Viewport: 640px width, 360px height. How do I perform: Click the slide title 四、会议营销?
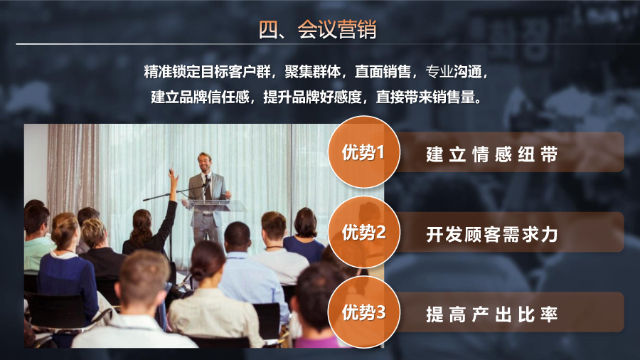[x=318, y=29]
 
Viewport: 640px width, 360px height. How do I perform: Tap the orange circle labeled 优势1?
[x=363, y=152]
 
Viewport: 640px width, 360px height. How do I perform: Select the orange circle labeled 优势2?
[x=363, y=232]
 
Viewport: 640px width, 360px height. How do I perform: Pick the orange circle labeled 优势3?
[x=363, y=312]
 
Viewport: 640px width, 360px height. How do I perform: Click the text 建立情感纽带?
[x=492, y=154]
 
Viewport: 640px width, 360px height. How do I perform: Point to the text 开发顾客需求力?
[x=492, y=234]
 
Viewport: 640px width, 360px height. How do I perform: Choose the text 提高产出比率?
[x=492, y=314]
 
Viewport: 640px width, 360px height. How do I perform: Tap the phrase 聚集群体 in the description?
[x=312, y=71]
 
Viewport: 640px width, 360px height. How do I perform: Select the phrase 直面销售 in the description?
[x=383, y=71]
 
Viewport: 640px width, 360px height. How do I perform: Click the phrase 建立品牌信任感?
[x=200, y=97]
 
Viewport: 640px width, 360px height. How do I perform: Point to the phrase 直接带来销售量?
[x=428, y=97]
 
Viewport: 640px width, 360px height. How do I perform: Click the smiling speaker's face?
[x=204, y=162]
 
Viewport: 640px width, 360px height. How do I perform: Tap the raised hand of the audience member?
[x=173, y=176]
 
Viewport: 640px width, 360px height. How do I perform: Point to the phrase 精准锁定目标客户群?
[x=208, y=71]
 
